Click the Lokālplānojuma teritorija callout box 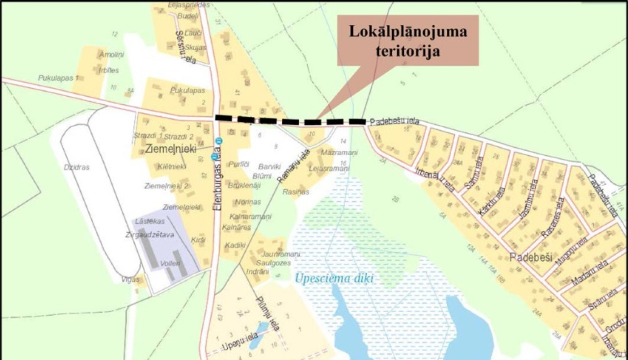(408, 41)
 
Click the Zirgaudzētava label (150, 235)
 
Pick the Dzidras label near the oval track (77, 167)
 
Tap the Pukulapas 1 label (59, 78)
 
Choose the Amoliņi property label (112, 55)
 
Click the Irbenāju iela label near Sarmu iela (435, 180)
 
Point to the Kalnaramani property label (250, 216)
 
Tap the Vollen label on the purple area (170, 263)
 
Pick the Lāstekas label (150, 221)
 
